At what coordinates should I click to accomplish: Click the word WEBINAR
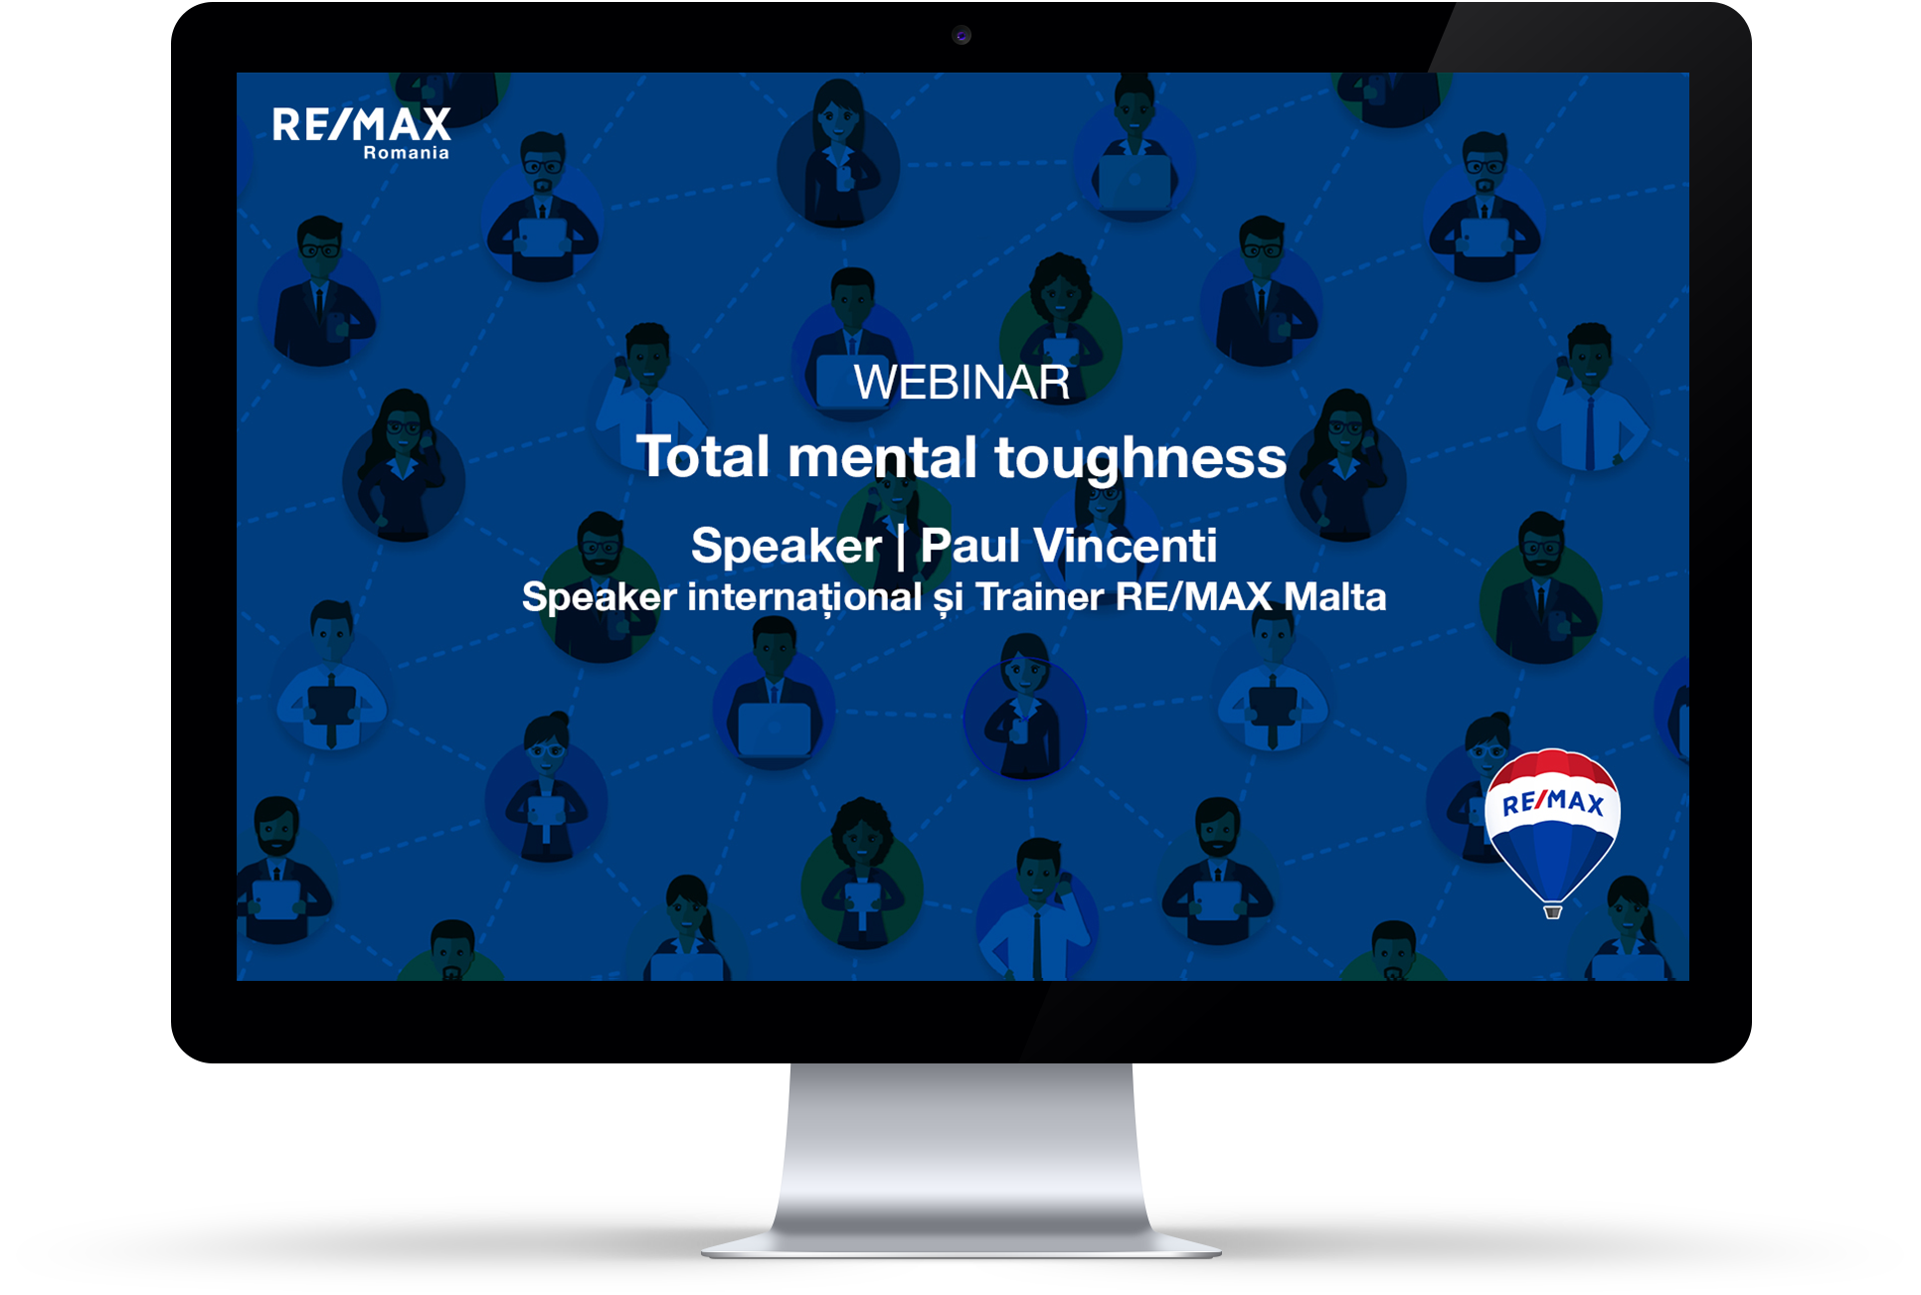click(961, 383)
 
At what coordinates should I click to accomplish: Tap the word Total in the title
click(703, 457)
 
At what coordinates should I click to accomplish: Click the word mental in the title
click(882, 457)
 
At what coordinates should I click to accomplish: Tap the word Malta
click(1334, 596)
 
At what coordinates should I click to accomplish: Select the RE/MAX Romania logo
click(362, 133)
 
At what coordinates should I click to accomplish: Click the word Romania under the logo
click(406, 153)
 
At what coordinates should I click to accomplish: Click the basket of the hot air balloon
click(1552, 911)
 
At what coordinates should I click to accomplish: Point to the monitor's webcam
click(961, 36)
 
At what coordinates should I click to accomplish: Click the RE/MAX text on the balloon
click(1552, 802)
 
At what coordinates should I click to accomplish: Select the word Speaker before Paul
click(786, 547)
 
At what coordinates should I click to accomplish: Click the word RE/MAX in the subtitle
click(1193, 596)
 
